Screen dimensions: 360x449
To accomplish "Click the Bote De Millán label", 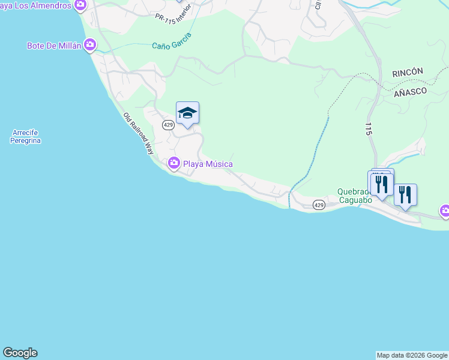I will [54, 46].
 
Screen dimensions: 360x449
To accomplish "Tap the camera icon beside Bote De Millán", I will [90, 44].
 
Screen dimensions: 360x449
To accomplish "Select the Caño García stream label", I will [172, 41].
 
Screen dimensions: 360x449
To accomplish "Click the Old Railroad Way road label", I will [139, 134].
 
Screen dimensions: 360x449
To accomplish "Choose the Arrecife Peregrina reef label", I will [25, 137].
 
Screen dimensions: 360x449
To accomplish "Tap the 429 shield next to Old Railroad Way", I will [168, 124].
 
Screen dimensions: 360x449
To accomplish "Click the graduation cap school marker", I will [187, 113].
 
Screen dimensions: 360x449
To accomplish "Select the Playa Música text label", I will [208, 164].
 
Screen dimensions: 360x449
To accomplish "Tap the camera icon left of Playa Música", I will [174, 163].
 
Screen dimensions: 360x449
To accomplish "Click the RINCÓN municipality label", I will [408, 72].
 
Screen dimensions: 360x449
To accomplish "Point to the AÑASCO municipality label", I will [410, 92].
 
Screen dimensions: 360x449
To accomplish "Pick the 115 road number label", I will [368, 128].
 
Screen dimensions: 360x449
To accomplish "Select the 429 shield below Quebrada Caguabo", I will [319, 205].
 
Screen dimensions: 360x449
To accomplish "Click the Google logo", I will [20, 353].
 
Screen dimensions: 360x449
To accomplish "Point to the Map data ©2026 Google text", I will [412, 355].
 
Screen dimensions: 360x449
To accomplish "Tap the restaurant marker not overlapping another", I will [405, 194].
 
